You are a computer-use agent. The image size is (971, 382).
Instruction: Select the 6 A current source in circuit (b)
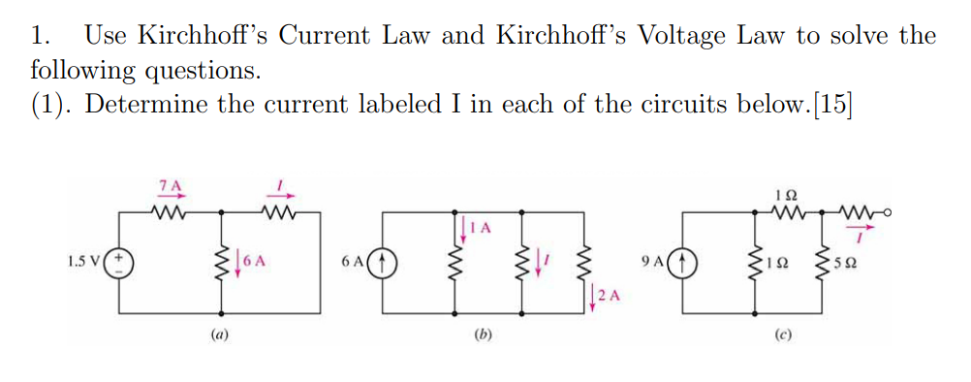(384, 261)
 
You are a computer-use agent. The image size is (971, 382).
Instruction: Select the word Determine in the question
(143, 105)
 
